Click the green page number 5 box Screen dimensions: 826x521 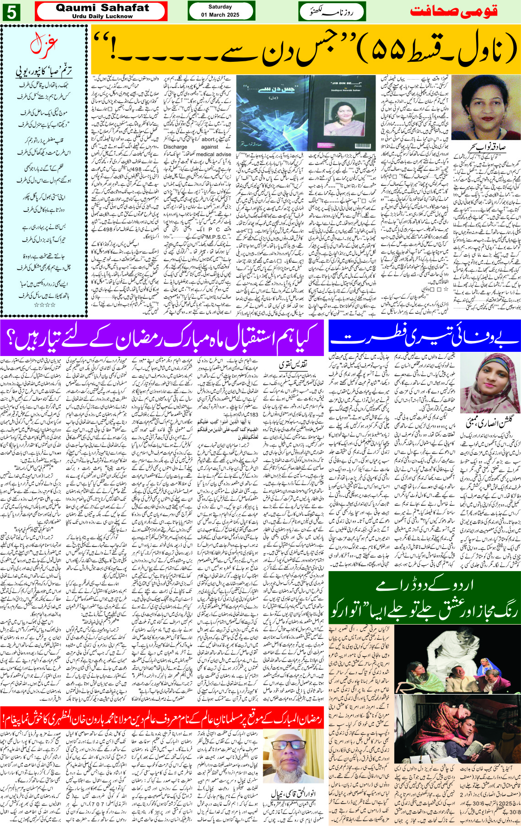point(11,12)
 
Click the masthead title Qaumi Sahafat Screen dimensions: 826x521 point(102,8)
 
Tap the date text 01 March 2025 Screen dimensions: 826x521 point(220,15)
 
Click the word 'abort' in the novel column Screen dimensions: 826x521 point(208,140)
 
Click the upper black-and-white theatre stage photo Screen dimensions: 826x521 point(457,664)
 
